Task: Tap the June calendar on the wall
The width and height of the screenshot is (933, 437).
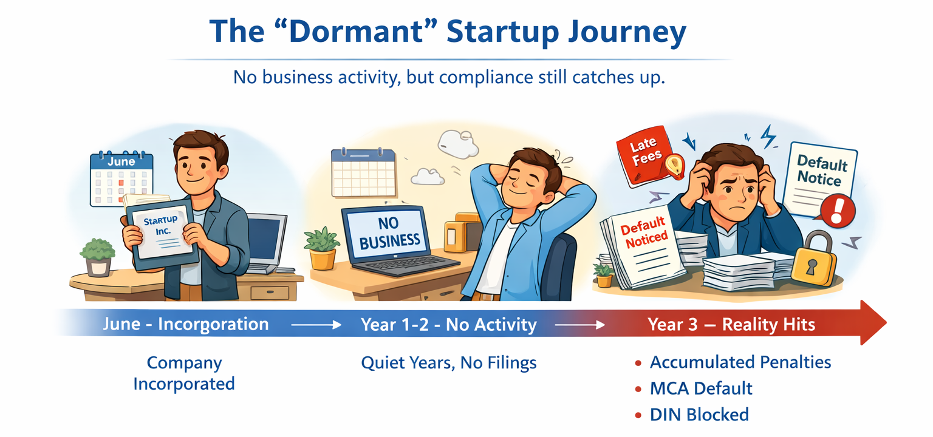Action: (121, 178)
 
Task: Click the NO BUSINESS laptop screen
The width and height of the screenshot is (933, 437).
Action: (389, 233)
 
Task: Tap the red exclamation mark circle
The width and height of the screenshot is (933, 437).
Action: (838, 210)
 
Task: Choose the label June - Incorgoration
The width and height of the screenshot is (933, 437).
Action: (185, 324)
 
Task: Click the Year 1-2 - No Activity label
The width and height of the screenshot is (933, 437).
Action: (449, 324)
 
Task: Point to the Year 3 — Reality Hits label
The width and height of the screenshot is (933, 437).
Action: (731, 324)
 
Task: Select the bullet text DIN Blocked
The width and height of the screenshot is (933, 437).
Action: (699, 415)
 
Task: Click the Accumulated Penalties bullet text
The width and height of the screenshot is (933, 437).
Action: (740, 362)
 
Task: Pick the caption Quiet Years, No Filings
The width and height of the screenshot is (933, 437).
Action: (449, 363)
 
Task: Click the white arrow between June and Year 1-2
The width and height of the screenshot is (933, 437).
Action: (315, 325)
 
